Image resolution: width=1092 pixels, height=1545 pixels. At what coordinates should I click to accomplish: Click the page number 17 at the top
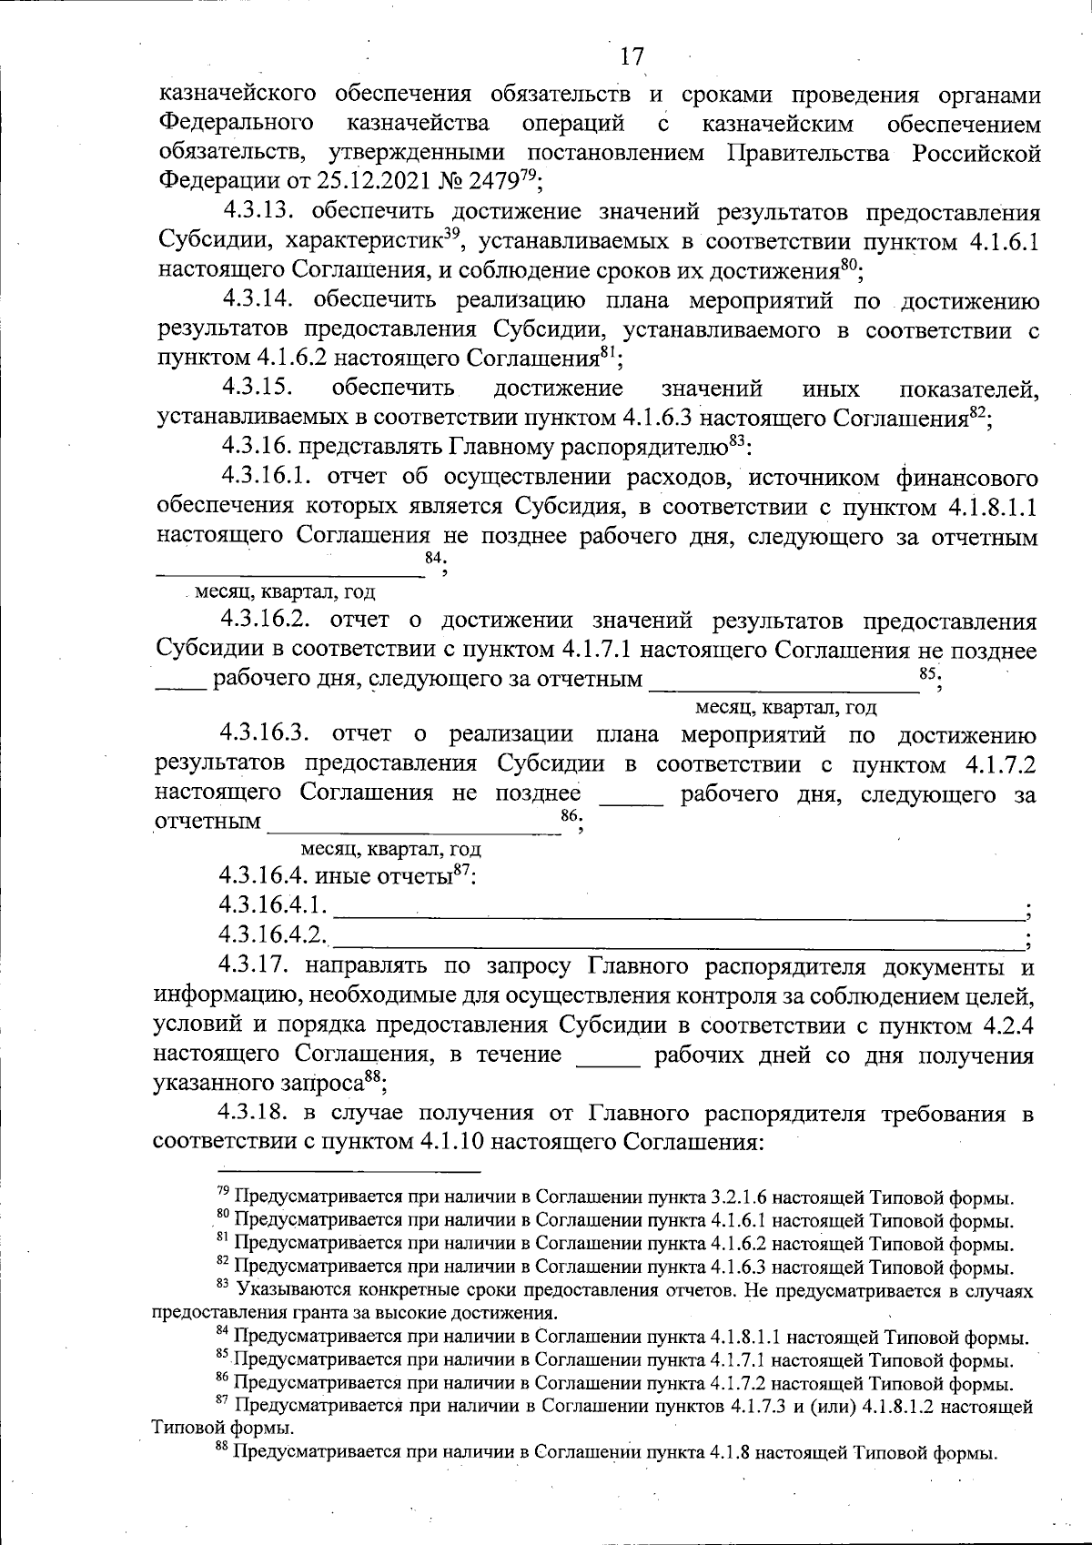click(632, 56)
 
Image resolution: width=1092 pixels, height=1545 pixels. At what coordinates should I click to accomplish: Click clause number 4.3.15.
click(258, 389)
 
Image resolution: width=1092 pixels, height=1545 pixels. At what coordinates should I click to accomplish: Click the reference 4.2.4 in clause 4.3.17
click(1009, 1025)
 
